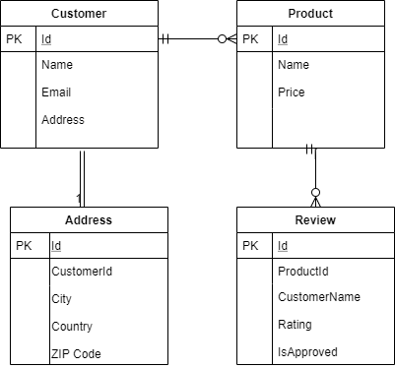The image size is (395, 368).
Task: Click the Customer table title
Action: (78, 14)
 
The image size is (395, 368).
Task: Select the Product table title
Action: (310, 14)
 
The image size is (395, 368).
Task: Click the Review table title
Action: (315, 220)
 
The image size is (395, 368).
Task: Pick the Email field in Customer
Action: (57, 92)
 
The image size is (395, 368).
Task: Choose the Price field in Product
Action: (292, 92)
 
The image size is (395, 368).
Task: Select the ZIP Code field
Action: (76, 353)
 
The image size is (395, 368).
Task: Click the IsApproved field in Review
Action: (307, 351)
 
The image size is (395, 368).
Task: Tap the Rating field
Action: (295, 325)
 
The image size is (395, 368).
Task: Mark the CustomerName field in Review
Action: (319, 297)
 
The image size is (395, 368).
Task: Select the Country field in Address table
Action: (72, 327)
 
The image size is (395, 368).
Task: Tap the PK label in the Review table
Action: (251, 245)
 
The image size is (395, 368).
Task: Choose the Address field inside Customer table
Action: (63, 120)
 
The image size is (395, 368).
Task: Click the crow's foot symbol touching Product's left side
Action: (228, 39)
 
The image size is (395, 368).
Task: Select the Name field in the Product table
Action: (294, 65)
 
